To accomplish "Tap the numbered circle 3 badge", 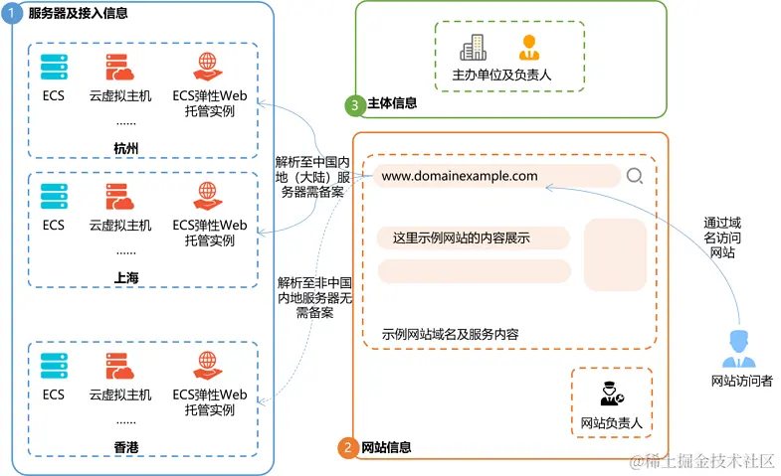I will tap(353, 103).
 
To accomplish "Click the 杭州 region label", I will tap(126, 148).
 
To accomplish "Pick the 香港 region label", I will tap(126, 448).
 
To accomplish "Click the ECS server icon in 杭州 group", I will tap(54, 68).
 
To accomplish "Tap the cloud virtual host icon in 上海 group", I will tap(119, 196).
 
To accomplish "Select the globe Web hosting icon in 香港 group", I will tap(209, 365).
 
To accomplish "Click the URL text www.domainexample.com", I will tap(460, 177).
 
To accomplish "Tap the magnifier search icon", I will tap(635, 177).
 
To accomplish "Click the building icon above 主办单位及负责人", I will tap(473, 47).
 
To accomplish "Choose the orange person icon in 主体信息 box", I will tap(527, 47).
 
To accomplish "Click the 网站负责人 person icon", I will tap(610, 393).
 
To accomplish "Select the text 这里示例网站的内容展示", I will tap(461, 238).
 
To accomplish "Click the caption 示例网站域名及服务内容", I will tap(450, 334).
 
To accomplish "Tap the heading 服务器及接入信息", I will tap(79, 13).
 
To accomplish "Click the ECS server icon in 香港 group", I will tap(54, 365).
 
